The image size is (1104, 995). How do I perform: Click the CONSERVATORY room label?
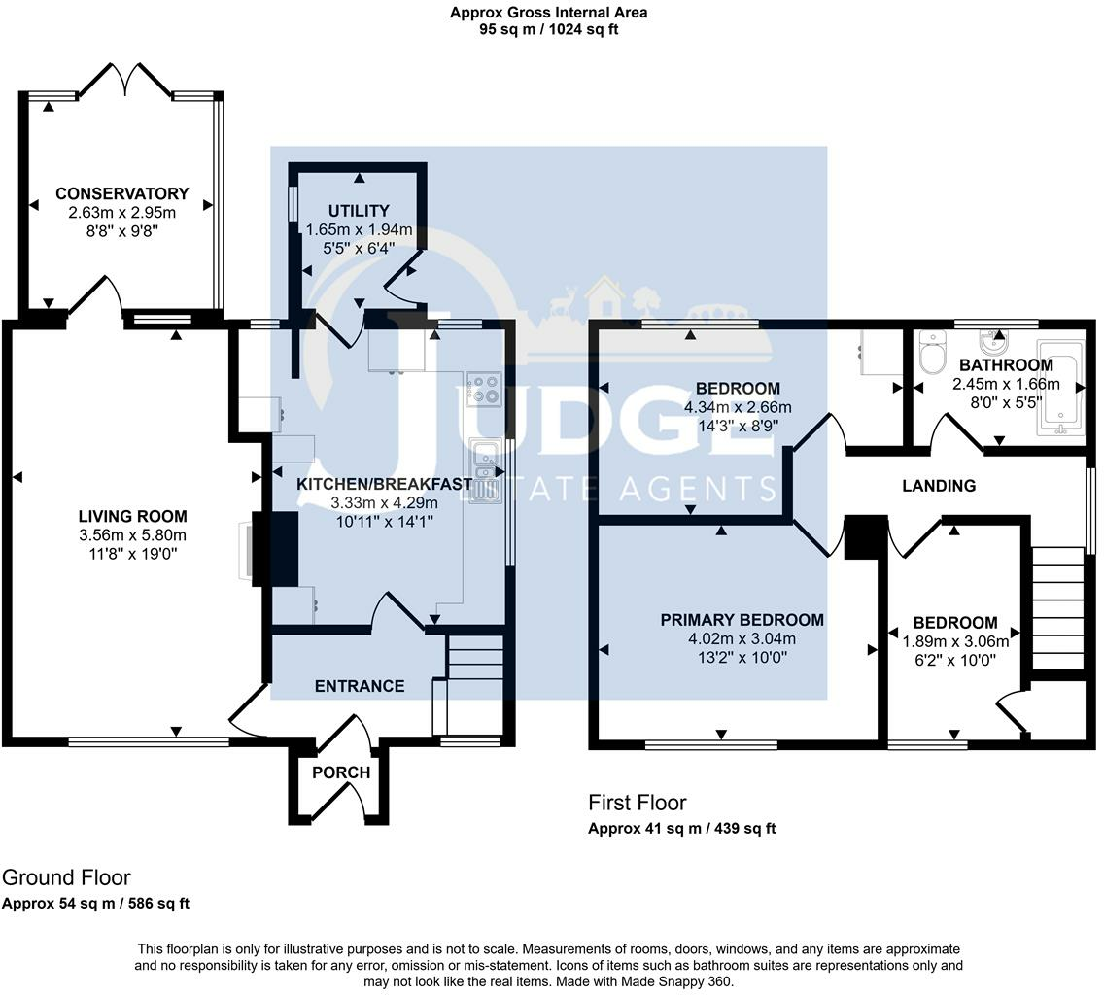[122, 193]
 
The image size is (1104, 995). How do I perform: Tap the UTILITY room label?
[359, 211]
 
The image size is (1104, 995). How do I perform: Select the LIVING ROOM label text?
[132, 516]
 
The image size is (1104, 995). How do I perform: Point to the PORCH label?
[341, 772]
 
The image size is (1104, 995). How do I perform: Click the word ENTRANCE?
[359, 686]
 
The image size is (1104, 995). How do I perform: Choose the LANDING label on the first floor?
[939, 485]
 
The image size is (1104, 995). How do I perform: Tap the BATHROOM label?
[1006, 364]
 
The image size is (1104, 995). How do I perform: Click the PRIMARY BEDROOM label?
[742, 620]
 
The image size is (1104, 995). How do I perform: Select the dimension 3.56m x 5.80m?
[132, 535]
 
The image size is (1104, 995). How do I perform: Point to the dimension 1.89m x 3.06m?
[955, 641]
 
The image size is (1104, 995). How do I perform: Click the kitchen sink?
[486, 470]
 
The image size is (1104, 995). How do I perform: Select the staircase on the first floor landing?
[1057, 607]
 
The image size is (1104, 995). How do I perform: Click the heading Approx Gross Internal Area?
[548, 12]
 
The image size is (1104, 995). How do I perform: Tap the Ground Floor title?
[66, 877]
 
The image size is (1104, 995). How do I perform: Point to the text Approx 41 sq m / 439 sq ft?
[681, 828]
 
